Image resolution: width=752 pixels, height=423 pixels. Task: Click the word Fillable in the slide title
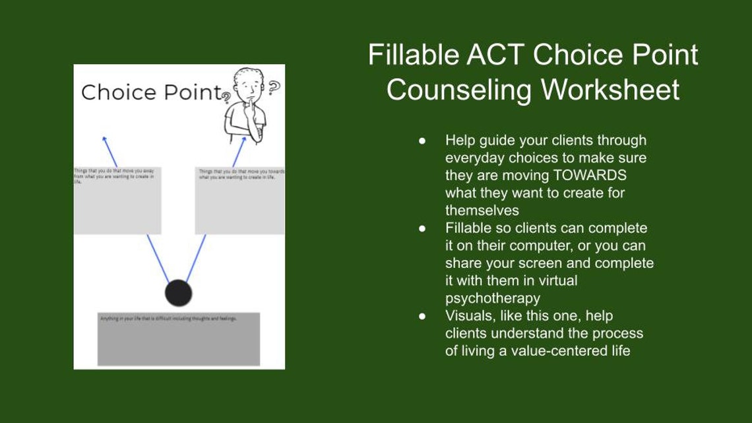[x=413, y=55]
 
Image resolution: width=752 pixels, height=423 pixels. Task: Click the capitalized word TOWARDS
[x=590, y=176]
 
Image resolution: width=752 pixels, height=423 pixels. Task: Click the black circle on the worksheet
[x=177, y=293]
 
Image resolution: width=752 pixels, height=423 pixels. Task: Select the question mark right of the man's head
[x=274, y=87]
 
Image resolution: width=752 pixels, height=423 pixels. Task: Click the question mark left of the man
[x=226, y=98]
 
